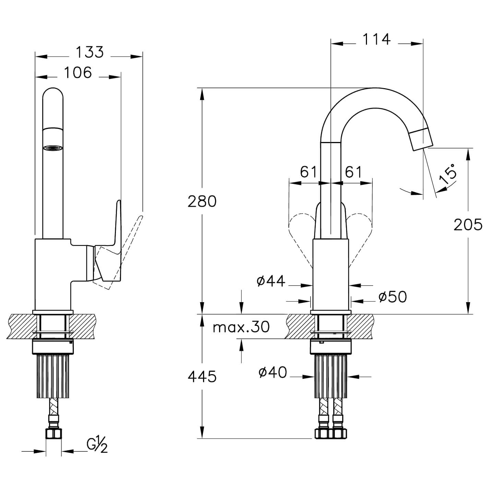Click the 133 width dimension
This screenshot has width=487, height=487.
click(90, 52)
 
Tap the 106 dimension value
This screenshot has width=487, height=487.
click(78, 72)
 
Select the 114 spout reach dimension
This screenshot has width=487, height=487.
click(377, 39)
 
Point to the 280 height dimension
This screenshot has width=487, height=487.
click(202, 201)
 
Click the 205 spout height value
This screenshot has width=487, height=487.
click(468, 225)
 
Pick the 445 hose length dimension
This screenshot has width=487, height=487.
click(202, 377)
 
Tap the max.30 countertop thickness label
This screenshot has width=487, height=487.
click(241, 327)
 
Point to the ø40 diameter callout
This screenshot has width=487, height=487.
click(273, 372)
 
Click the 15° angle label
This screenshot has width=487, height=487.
click(448, 173)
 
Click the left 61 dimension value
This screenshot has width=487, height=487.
click(308, 172)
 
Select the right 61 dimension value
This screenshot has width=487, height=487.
click(354, 172)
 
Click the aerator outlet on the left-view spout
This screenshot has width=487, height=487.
click(53, 148)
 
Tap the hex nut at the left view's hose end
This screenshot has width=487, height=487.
click(54, 434)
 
